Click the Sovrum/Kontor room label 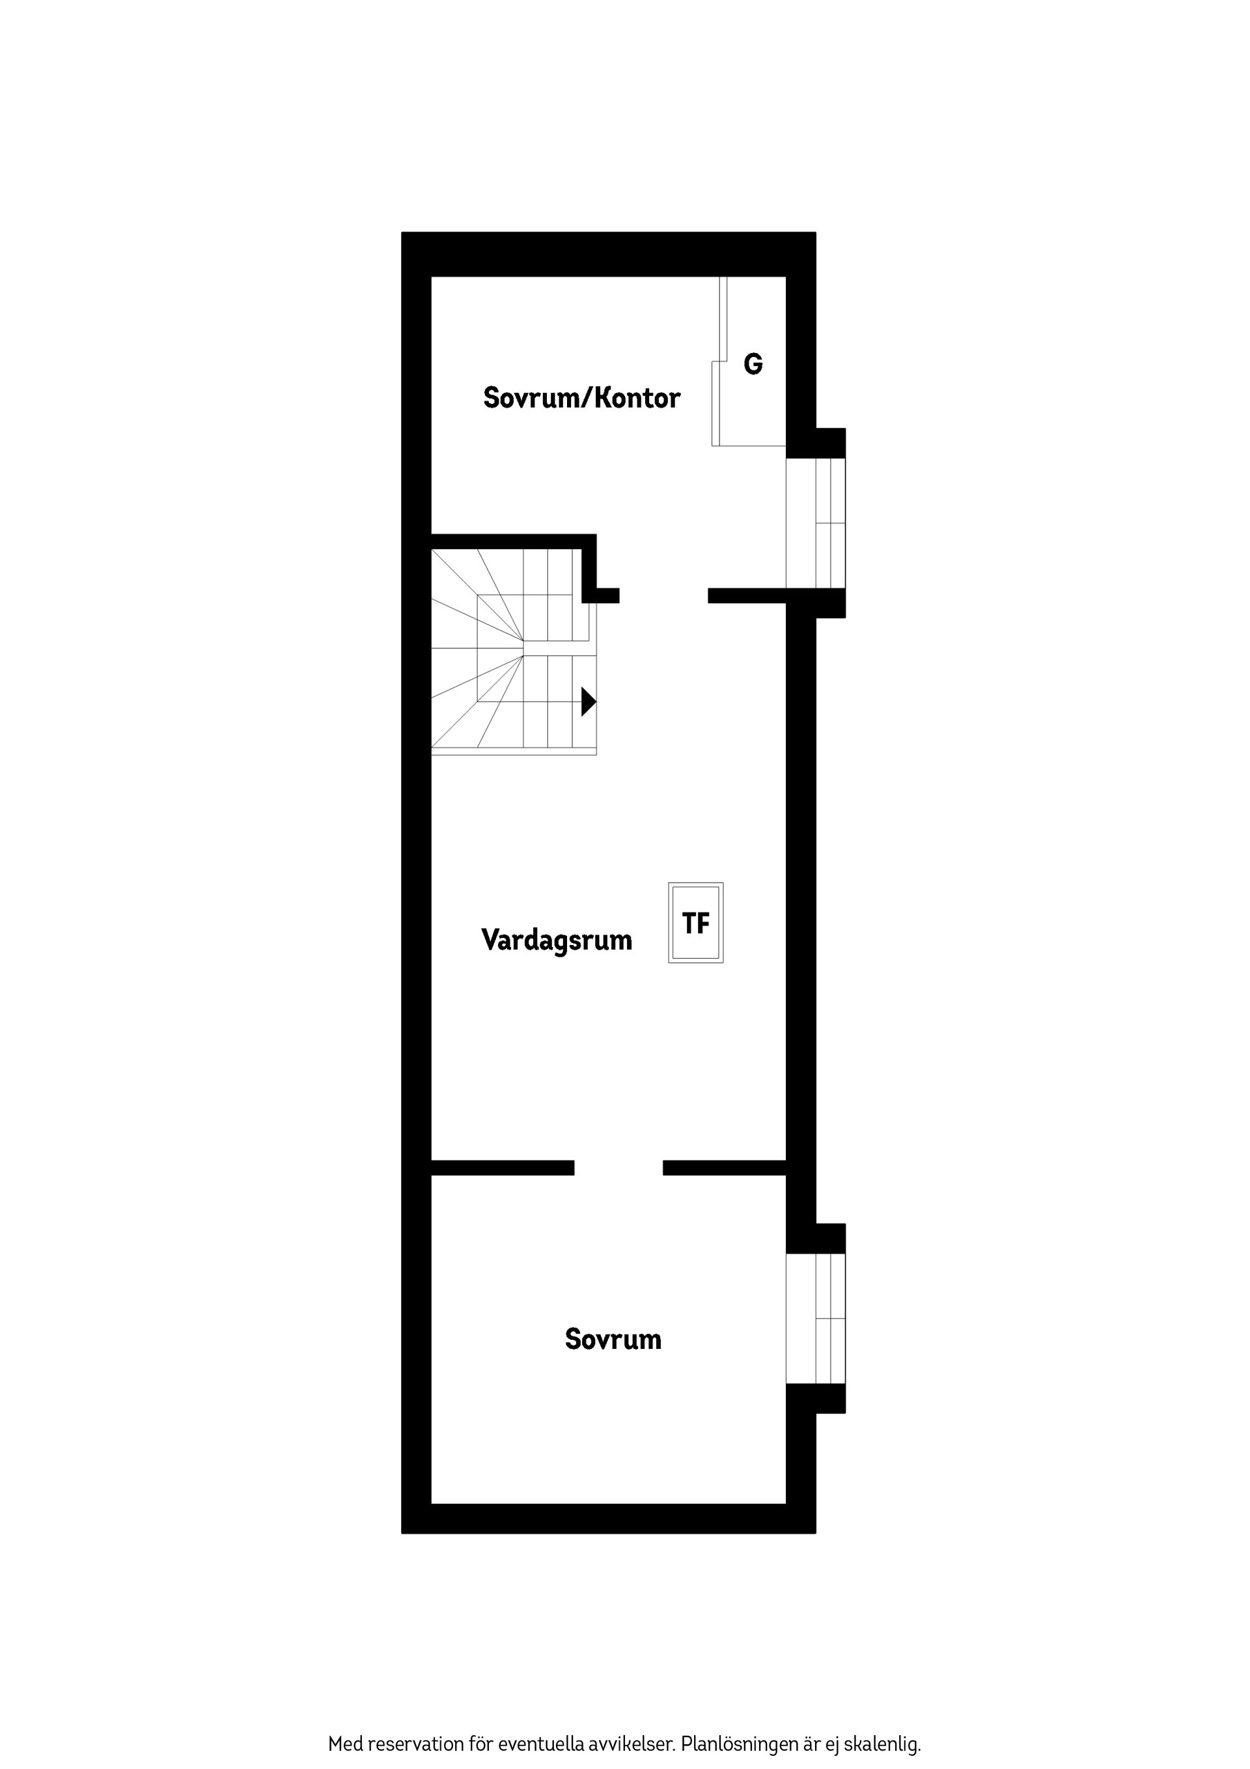coord(581,399)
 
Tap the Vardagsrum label coord(556,940)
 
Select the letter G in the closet coord(753,363)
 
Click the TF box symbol coord(695,922)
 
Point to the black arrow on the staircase coord(588,701)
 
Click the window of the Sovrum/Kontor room coord(816,523)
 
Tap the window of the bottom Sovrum coord(816,1318)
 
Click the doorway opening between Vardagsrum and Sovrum coord(618,1167)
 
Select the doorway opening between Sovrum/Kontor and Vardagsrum coord(663,595)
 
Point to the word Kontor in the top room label coord(638,399)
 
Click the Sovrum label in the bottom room coord(613,1339)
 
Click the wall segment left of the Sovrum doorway coord(502,1167)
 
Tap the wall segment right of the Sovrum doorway coord(724,1167)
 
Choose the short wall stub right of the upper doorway coord(746,595)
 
